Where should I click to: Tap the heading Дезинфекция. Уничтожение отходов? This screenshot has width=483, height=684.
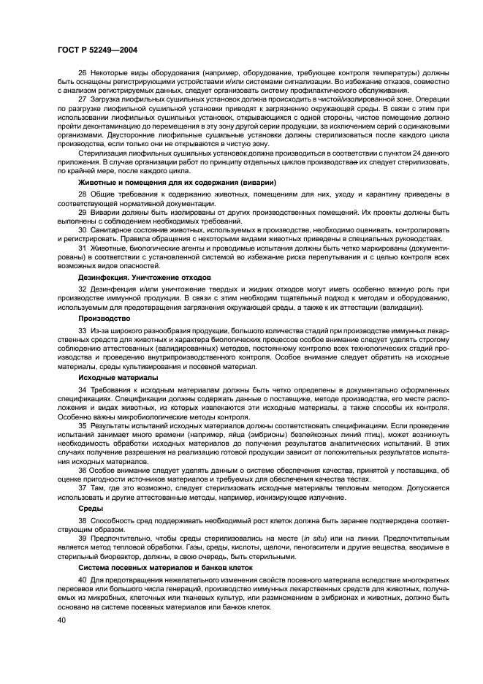pos(144,278)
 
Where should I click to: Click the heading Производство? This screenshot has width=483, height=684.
pos(104,318)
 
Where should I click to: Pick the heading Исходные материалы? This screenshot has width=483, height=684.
pos(118,378)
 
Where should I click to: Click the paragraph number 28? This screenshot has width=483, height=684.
pos(82,194)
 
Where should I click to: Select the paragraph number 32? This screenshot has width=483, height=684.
pos(82,290)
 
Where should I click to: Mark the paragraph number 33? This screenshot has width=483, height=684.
pos(82,331)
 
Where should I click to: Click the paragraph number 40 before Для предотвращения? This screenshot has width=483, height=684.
pos(82,579)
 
